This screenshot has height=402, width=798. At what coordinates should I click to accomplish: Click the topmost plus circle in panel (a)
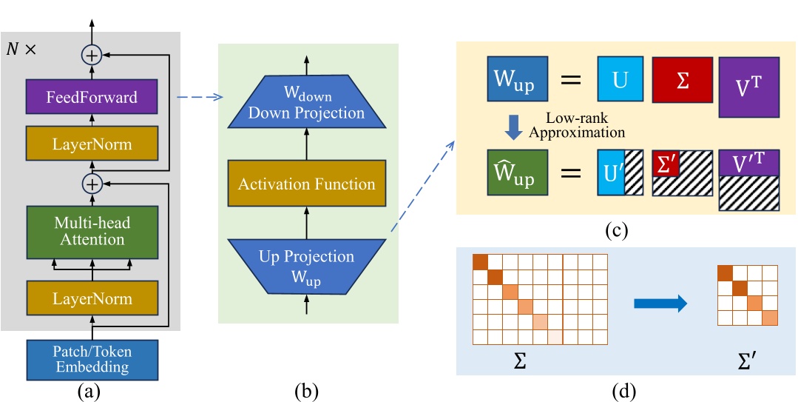[x=92, y=54]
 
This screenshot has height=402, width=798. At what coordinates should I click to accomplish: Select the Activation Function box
[x=307, y=184]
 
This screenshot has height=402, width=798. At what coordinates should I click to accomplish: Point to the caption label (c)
[x=615, y=230]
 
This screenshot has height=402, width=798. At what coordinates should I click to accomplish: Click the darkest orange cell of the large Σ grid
[x=480, y=262]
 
